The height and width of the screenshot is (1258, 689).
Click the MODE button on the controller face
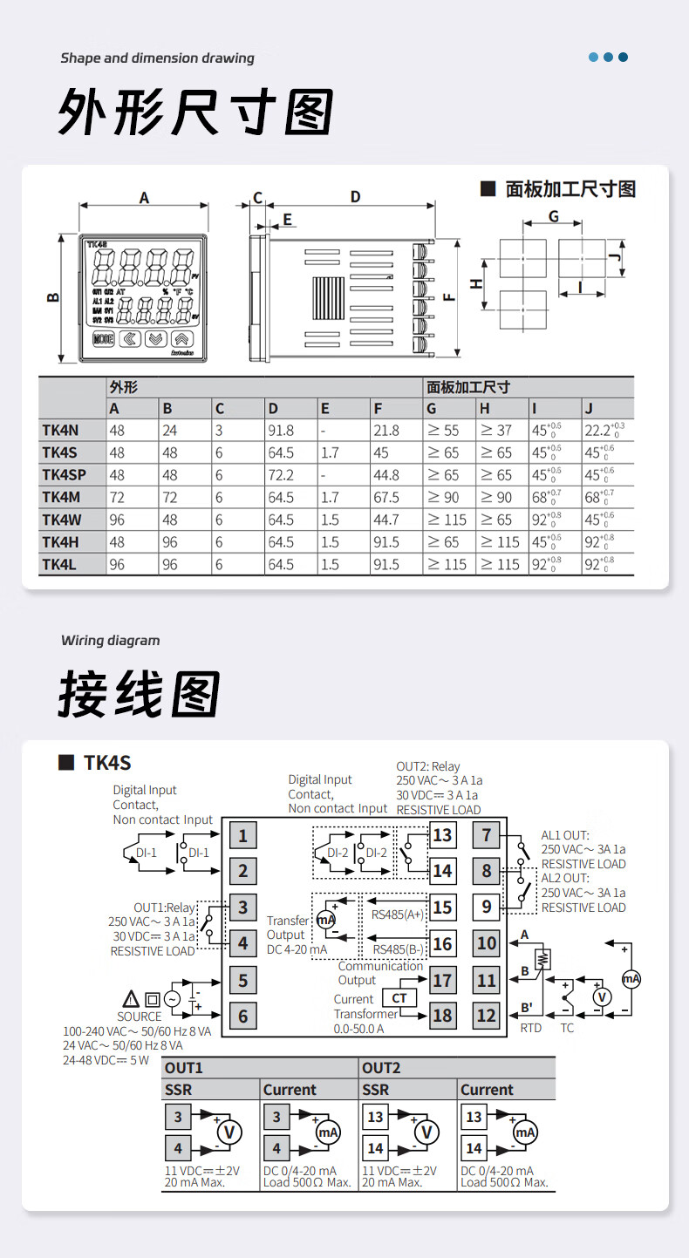tap(103, 339)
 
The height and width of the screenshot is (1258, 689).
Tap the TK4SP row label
tap(65, 475)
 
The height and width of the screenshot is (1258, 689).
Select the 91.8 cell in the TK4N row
tap(281, 430)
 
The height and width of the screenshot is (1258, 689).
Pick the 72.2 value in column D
tap(281, 475)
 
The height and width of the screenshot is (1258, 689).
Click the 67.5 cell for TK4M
tap(385, 498)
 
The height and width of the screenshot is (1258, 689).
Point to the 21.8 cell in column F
tap(385, 430)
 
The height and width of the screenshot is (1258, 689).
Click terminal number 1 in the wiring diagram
tap(242, 835)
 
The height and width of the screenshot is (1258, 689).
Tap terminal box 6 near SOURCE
tap(242, 1016)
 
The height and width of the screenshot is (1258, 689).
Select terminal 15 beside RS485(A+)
tap(442, 907)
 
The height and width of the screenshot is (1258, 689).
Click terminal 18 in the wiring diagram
tap(442, 1015)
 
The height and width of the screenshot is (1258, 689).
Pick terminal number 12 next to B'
tap(487, 1015)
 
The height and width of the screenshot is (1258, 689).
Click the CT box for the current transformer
tap(399, 998)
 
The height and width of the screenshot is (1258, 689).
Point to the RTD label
tap(530, 1028)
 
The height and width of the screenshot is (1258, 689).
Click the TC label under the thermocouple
tap(567, 1028)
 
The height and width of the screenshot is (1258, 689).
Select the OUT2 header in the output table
tap(381, 1068)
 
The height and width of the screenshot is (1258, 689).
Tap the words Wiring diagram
tap(111, 641)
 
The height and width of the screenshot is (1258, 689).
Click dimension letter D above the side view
tap(355, 197)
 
